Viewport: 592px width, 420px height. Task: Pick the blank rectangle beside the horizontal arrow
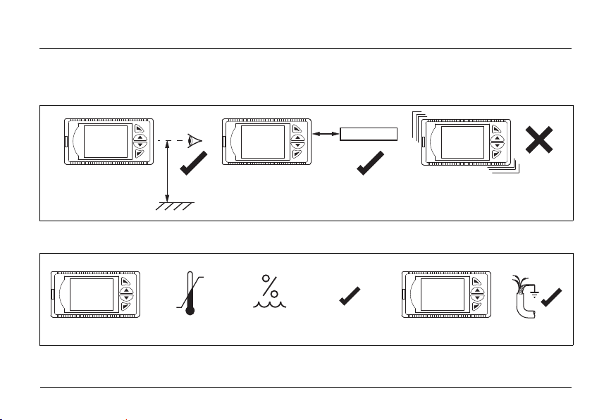[x=369, y=134]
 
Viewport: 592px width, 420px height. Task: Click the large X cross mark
[x=538, y=142]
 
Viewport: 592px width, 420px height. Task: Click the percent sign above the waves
[x=269, y=287]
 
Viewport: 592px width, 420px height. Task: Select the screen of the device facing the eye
[x=105, y=141]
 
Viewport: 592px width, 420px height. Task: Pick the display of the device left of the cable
[x=442, y=295]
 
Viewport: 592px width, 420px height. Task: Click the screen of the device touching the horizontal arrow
[x=262, y=141]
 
